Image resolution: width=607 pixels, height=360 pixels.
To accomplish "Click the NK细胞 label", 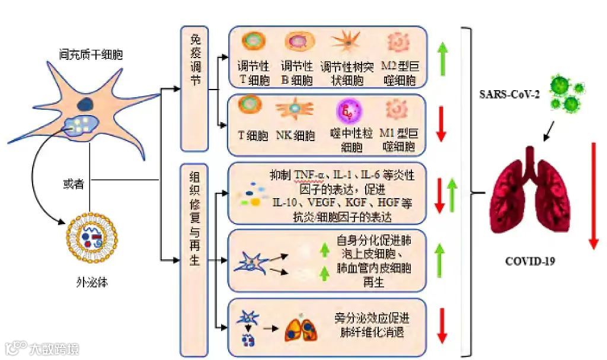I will [x=295, y=136].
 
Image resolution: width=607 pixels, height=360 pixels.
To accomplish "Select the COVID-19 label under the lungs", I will [x=530, y=260].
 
